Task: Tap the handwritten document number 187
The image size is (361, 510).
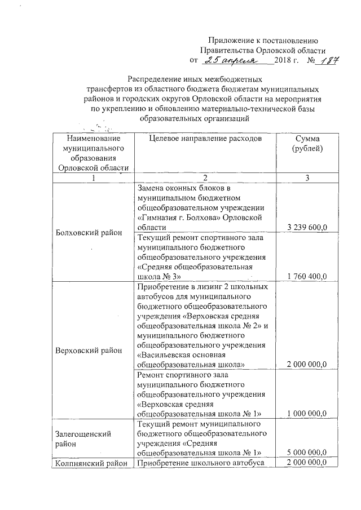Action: [325, 60]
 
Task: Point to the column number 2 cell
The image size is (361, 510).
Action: [205, 178]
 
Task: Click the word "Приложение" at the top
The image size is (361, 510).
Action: [230, 39]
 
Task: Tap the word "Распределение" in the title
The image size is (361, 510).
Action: [154, 79]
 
